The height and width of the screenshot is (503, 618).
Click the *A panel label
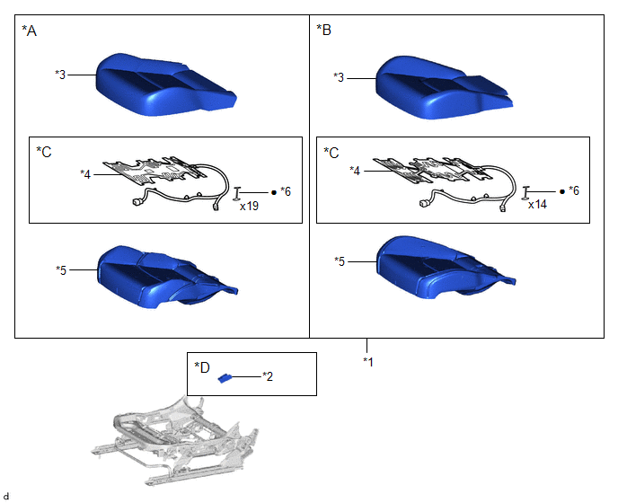[29, 31]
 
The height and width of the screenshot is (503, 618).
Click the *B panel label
[324, 30]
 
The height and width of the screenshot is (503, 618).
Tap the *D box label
[202, 367]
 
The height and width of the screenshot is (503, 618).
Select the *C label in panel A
[44, 152]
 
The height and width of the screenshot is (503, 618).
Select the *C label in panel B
[331, 153]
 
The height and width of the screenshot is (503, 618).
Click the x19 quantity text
[249, 207]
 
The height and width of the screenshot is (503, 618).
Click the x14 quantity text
[537, 205]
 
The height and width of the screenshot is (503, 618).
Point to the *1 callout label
[368, 361]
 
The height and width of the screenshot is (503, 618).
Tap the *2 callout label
[268, 377]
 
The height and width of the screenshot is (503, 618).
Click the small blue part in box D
[225, 378]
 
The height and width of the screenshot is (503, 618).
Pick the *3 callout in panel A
[60, 75]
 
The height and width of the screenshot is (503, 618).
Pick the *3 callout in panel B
[339, 77]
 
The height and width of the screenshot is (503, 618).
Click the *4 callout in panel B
[355, 171]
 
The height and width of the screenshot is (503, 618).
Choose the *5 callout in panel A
[61, 270]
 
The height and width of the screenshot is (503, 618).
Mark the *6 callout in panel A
[286, 191]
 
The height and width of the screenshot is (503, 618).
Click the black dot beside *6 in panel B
[562, 191]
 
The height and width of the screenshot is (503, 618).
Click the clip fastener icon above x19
[237, 193]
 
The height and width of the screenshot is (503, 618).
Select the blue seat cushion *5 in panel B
[441, 268]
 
